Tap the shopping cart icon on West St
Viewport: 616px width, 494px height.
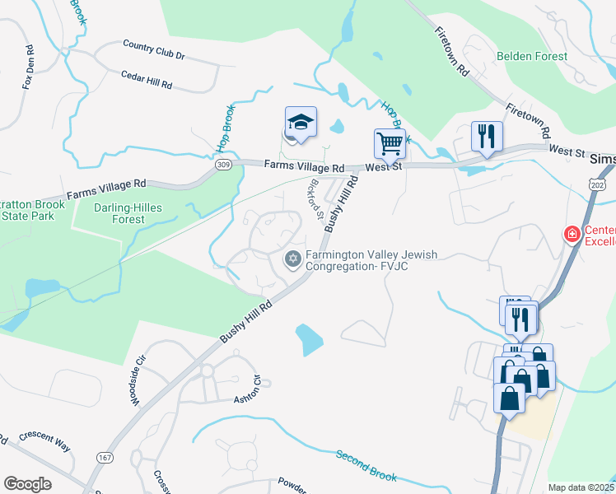[x=390, y=143]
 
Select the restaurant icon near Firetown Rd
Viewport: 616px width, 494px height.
[x=487, y=137]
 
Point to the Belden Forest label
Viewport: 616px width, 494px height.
[x=532, y=57]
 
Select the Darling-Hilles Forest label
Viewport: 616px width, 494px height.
[x=119, y=213]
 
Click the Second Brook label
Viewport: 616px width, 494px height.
[x=366, y=465]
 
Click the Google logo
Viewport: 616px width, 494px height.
[x=27, y=483]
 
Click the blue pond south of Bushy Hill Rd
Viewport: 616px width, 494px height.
[x=308, y=337]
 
